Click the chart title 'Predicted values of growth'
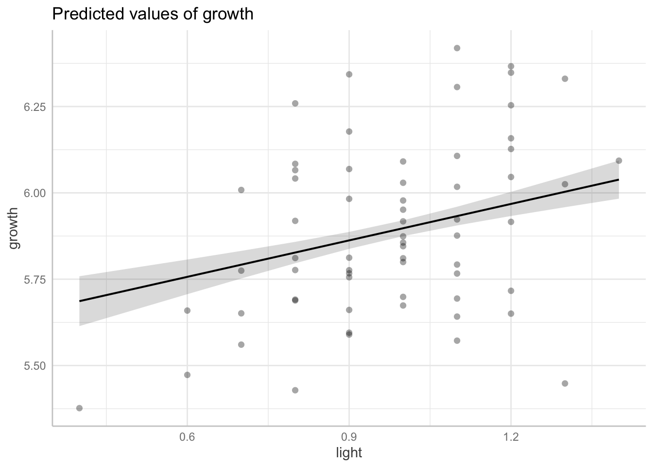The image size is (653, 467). point(153,14)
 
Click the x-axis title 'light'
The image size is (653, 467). point(349,453)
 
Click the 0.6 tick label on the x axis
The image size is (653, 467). point(187,438)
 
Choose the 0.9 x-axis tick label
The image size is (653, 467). point(349,438)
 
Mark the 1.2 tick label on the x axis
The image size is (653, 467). point(511,438)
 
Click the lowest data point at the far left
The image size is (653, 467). point(79,408)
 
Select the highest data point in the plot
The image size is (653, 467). point(457,48)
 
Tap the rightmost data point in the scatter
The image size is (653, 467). point(619,161)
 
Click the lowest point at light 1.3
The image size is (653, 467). point(565,383)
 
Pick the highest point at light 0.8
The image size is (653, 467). point(295,104)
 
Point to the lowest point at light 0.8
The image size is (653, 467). point(295,390)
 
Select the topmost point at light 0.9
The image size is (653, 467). point(349,74)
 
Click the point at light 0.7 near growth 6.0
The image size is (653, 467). point(241,190)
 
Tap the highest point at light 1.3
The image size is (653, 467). point(565,79)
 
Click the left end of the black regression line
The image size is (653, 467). point(80,301)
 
